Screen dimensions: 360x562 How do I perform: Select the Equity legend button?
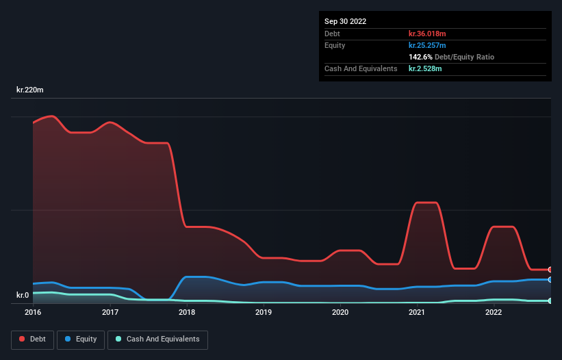pos(81,339)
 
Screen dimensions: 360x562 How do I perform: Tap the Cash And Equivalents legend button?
pos(157,339)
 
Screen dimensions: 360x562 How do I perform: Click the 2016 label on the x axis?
pos(33,313)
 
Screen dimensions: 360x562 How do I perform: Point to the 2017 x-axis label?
pos(110,313)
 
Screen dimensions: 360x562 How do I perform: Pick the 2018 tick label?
pos(187,313)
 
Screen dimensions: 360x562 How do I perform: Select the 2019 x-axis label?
pos(264,313)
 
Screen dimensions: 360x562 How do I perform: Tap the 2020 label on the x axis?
pos(340,313)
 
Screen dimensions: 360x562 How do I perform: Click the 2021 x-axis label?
pos(417,313)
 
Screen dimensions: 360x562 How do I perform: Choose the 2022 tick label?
pos(494,313)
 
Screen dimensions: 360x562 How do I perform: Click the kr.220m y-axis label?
pos(30,90)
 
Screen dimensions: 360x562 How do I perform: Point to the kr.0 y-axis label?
pos(23,296)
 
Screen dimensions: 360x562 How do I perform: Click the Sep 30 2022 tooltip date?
pos(346,21)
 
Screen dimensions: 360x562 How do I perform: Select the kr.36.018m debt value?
pos(427,34)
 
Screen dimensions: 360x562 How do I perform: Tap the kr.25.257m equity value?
pos(427,45)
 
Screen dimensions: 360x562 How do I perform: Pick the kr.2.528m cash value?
pos(425,68)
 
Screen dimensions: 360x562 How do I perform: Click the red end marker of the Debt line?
pos(550,270)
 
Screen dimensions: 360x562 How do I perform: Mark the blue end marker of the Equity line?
pos(550,279)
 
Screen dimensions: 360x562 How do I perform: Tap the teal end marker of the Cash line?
pos(550,300)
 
